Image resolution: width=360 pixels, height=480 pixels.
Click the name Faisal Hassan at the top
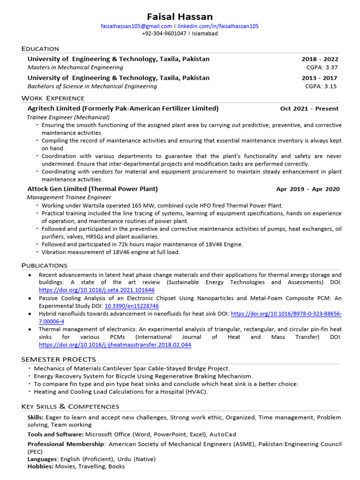pyautogui.click(x=180, y=16)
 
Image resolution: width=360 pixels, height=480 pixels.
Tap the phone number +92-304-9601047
pyautogui.click(x=164, y=34)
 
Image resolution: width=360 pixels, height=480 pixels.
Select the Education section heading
pyautogui.click(x=40, y=49)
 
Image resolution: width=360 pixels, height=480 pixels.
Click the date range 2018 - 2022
pyautogui.click(x=320, y=59)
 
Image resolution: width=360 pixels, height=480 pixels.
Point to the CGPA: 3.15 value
pyautogui.click(x=321, y=86)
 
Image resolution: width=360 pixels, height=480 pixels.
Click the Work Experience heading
pyautogui.click(x=53, y=98)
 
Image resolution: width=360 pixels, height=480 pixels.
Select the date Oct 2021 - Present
pyautogui.click(x=309, y=109)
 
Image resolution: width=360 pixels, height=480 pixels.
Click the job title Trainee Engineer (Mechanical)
pyautogui.click(x=68, y=117)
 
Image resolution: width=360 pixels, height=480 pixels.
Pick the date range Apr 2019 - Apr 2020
pyautogui.click(x=308, y=189)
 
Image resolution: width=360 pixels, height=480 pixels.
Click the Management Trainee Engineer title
pyautogui.click(x=69, y=197)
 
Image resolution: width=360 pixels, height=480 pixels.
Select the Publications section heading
pyautogui.click(x=45, y=265)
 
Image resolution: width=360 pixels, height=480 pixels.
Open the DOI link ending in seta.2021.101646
pyautogui.click(x=97, y=290)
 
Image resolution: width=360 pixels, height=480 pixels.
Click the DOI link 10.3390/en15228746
pyautogui.click(x=132, y=306)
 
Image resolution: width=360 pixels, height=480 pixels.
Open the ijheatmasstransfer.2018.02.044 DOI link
pyautogui.click(x=115, y=345)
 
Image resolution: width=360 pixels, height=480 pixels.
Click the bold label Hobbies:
pyautogui.click(x=41, y=466)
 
